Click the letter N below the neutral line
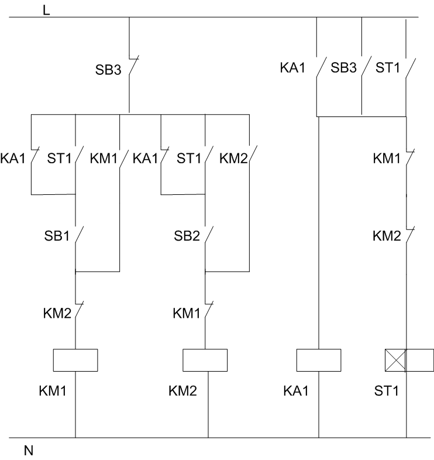[x=29, y=451]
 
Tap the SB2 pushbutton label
[x=187, y=236]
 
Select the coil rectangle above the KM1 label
[x=75, y=360]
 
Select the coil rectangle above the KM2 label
[x=205, y=360]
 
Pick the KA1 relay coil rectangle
[x=319, y=360]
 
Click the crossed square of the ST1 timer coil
[x=395, y=360]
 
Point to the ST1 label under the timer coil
[x=387, y=390]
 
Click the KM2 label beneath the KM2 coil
[x=184, y=390]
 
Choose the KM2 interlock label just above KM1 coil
[x=56, y=313]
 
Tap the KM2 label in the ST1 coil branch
[x=387, y=236]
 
